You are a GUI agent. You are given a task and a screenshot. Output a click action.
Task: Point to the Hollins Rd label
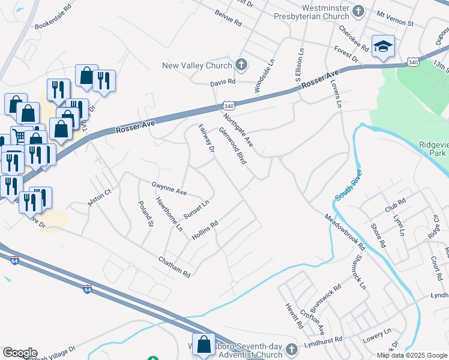coord(204,230)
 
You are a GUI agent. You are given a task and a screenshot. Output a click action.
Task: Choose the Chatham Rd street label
coord(174,267)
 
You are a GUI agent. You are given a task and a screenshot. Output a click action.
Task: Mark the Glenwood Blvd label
coord(233,146)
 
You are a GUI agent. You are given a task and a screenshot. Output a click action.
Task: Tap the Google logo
coord(20,353)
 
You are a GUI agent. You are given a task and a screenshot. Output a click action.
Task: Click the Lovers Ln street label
coord(335,93)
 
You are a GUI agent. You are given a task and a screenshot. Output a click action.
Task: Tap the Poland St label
coord(146,214)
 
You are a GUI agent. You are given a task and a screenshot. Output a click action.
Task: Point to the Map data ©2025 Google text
coord(412,355)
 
